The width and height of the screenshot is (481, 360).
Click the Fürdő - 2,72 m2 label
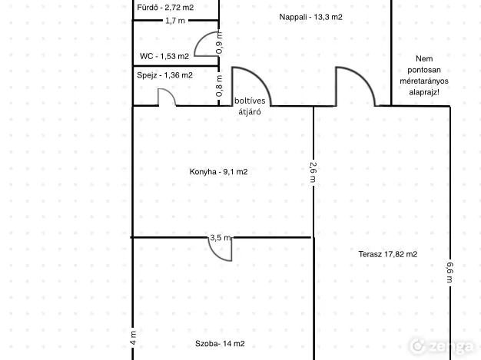click(165, 8)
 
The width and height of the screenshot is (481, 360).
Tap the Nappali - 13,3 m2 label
click(310, 17)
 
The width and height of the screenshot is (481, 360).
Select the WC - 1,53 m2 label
click(164, 56)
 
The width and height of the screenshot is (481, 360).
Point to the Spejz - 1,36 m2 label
click(164, 75)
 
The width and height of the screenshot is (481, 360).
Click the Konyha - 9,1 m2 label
click(218, 172)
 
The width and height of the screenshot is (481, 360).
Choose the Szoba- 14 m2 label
click(220, 343)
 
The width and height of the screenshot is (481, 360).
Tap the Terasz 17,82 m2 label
click(388, 254)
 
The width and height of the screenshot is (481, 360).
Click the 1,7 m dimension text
click(175, 21)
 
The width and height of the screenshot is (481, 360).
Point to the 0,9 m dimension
click(219, 43)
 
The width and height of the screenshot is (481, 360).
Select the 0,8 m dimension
click(219, 86)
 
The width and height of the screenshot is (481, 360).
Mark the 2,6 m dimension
click(313, 172)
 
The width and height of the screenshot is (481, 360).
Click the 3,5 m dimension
click(221, 237)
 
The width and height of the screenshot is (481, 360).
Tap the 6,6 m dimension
click(449, 272)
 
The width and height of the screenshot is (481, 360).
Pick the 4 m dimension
click(133, 338)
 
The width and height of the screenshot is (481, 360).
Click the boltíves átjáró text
click(250, 106)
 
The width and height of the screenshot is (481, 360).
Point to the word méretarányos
click(424, 81)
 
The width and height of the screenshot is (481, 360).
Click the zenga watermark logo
click(442, 346)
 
